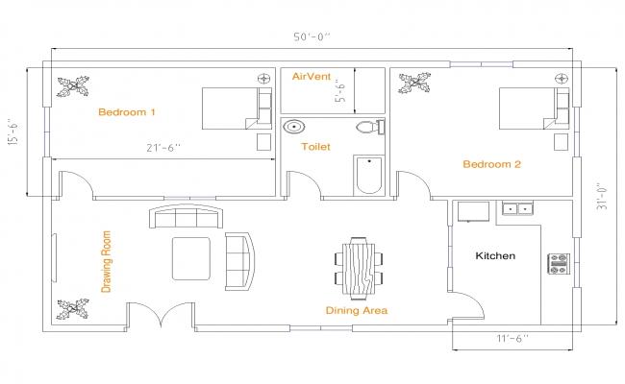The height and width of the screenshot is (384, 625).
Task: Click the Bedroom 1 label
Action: (x=127, y=112)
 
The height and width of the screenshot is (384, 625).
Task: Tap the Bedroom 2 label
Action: (x=491, y=164)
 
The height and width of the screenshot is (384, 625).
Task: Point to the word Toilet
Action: (x=315, y=147)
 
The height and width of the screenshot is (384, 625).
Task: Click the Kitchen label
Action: (x=496, y=256)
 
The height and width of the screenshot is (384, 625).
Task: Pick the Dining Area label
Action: (x=356, y=310)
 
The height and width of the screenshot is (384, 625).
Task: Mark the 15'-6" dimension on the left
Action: (x=13, y=132)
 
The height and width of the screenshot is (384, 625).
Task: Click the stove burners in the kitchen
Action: (x=558, y=263)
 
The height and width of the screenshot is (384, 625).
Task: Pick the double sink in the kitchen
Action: (x=520, y=208)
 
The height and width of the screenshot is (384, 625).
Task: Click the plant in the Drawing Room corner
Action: (x=73, y=309)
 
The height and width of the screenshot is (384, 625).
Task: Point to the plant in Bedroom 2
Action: (x=414, y=84)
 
